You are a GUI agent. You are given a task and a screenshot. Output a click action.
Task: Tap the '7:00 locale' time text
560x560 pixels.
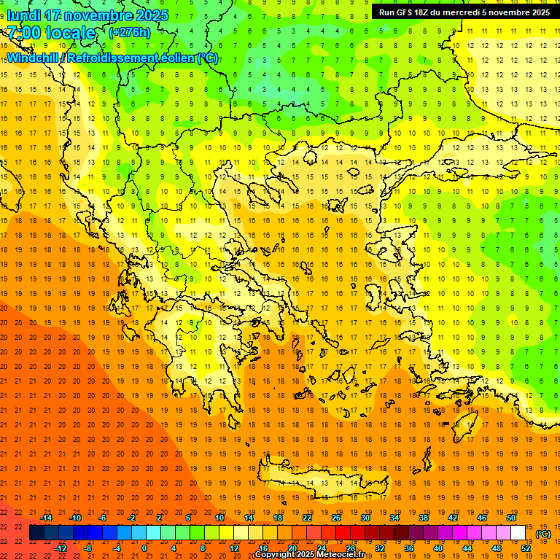pyautogui.click(x=51, y=33)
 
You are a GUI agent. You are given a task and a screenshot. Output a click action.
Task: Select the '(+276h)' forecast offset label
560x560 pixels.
pyautogui.click(x=130, y=33)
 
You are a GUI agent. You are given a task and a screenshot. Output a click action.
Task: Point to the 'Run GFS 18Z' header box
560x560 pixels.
pyautogui.click(x=464, y=12)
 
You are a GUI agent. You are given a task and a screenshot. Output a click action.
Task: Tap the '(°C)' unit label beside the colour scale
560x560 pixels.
pyautogui.click(x=542, y=534)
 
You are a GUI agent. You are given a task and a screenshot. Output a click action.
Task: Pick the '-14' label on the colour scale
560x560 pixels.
pyautogui.click(x=47, y=518)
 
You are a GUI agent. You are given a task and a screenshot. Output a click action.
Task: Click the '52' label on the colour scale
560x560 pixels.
pyautogui.click(x=526, y=548)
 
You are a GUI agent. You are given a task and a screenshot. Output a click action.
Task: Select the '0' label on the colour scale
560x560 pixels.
pyautogui.click(x=144, y=548)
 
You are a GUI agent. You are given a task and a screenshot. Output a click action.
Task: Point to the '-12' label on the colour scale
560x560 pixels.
pyautogui.click(x=61, y=548)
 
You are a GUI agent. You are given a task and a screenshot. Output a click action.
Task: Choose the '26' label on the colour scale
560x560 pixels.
pyautogui.click(x=336, y=518)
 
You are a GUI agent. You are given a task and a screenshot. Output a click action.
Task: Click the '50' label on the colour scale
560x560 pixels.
pyautogui.click(x=511, y=518)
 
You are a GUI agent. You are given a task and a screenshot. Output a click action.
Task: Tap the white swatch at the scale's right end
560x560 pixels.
pyautogui.click(x=518, y=533)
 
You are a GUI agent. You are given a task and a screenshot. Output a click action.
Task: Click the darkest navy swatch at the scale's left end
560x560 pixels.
pyautogui.click(x=36, y=533)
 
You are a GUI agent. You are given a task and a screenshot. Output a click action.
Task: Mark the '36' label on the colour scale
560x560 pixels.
pyautogui.click(x=409, y=548)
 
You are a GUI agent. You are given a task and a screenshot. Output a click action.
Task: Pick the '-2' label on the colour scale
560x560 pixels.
pyautogui.click(x=132, y=518)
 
